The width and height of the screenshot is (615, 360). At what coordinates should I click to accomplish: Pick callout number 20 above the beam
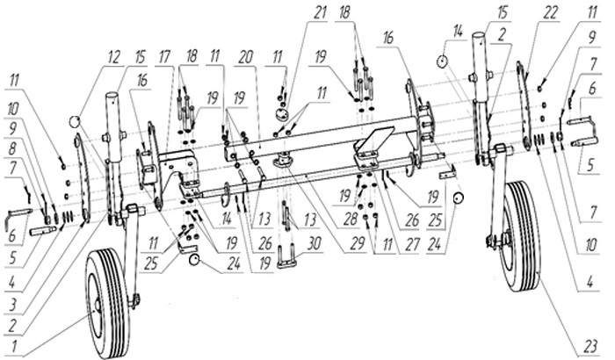249,56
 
